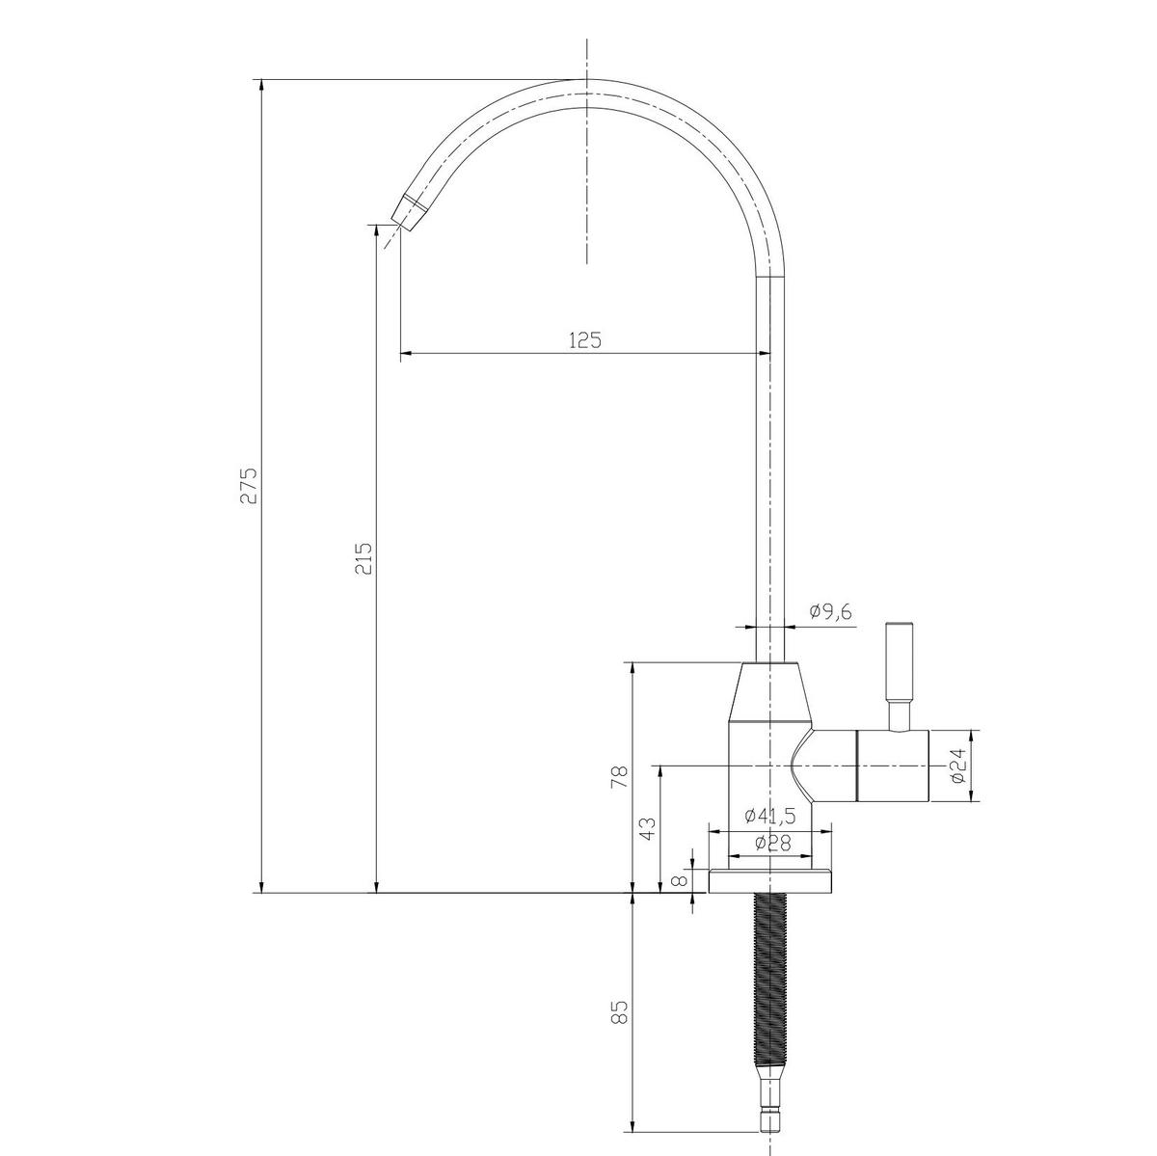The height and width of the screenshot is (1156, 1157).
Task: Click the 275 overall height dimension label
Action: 249,486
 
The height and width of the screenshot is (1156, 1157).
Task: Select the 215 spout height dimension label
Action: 363,558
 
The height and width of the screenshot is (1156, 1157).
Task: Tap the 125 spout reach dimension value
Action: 584,339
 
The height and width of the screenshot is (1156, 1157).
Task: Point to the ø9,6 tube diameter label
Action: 831,611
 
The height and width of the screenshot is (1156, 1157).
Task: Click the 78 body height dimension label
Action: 619,777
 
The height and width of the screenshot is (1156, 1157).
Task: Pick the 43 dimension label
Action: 648,827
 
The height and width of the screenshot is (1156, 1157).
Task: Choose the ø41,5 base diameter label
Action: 769,816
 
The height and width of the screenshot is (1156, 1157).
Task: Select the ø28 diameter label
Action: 771,843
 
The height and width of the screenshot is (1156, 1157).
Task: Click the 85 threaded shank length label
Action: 619,1011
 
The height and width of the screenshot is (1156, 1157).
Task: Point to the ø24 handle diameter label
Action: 956,766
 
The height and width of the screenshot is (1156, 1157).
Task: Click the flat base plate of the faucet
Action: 770,880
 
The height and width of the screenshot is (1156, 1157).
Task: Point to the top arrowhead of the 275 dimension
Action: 260,88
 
